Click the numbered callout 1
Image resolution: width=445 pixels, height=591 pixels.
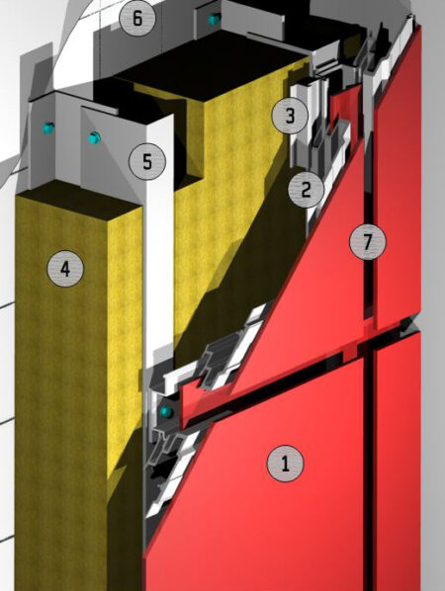(285, 464)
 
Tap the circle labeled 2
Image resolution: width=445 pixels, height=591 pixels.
(306, 189)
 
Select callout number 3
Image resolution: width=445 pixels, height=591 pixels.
(290, 116)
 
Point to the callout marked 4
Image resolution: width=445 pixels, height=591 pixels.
(65, 269)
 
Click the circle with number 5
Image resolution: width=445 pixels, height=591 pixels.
(147, 161)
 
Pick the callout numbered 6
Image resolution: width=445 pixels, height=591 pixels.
(137, 18)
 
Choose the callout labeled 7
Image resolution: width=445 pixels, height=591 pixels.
(368, 241)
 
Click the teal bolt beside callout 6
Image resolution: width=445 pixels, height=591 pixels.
(214, 20)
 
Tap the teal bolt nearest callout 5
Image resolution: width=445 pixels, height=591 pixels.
(94, 138)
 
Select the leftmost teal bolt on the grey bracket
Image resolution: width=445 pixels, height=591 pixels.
(48, 128)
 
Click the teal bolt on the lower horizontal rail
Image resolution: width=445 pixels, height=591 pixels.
(166, 412)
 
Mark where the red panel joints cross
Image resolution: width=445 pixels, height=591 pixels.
(369, 341)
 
